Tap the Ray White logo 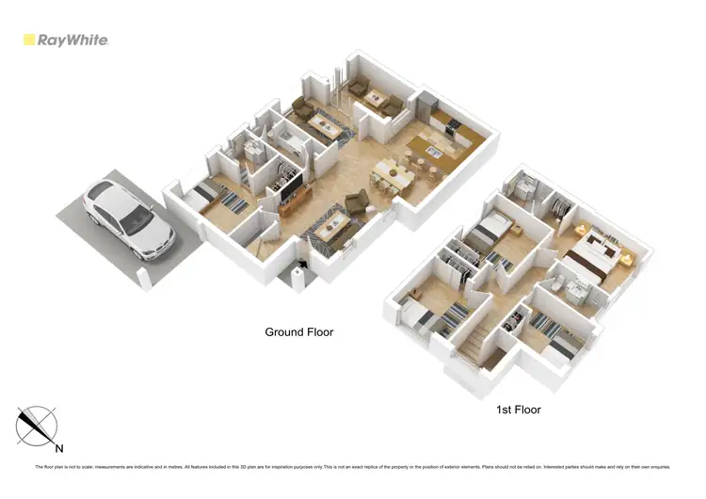click(66, 40)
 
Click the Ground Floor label click(297, 331)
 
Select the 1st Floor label click(518, 410)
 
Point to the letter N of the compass click(58, 448)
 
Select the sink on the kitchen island click(433, 151)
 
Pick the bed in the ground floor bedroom click(209, 196)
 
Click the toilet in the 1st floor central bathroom click(563, 283)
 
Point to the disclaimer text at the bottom click(352, 467)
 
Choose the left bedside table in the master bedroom click(581, 229)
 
